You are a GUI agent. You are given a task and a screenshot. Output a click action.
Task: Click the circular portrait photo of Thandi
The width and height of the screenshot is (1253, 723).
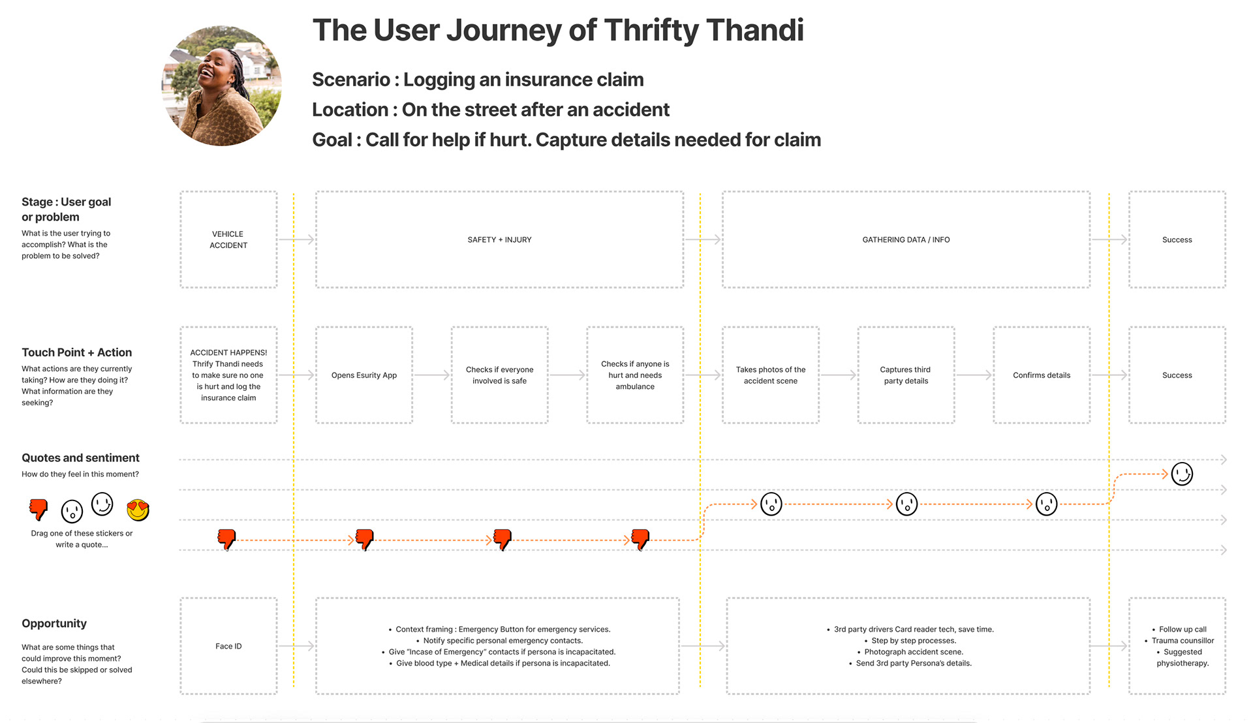click(222, 85)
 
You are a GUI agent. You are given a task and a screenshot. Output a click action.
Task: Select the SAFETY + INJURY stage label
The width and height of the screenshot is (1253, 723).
click(499, 240)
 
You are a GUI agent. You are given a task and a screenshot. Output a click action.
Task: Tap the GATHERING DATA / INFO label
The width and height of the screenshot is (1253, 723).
click(906, 240)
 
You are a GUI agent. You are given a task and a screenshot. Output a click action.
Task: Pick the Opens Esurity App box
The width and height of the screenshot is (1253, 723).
click(364, 375)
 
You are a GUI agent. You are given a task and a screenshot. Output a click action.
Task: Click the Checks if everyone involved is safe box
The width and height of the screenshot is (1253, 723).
click(499, 375)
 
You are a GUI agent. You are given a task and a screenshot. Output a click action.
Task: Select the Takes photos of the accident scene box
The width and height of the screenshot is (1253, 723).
click(771, 375)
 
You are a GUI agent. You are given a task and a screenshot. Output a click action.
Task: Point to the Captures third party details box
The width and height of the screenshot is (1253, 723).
click(906, 375)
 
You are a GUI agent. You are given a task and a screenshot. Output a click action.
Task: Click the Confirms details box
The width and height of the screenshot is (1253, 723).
click(1042, 375)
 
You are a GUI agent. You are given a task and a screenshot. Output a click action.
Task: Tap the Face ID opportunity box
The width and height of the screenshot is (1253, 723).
click(228, 646)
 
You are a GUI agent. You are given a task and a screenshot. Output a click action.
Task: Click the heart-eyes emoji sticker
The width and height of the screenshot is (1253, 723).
click(138, 510)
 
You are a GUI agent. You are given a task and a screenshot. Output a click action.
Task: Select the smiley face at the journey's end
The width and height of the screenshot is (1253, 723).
click(1182, 474)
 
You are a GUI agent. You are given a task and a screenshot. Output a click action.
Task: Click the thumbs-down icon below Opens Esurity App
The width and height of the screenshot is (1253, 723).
click(364, 540)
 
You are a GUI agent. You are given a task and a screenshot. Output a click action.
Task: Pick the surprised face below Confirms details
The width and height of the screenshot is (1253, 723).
click(1046, 504)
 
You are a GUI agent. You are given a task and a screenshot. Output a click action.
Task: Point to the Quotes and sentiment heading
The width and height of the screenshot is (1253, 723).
click(80, 458)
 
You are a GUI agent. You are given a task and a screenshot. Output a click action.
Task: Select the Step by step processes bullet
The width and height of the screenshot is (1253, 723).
click(914, 641)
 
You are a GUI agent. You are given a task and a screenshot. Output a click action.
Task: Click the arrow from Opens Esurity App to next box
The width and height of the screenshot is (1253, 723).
click(431, 375)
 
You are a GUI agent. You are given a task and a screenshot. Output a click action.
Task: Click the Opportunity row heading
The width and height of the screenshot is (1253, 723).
click(54, 624)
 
